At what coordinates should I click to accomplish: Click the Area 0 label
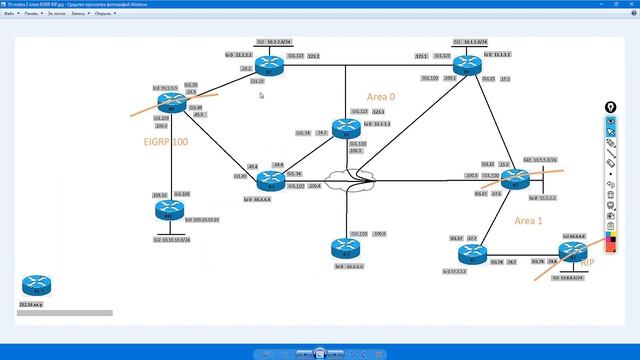click(381, 97)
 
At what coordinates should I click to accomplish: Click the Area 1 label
click(529, 220)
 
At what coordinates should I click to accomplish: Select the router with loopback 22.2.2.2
click(262, 66)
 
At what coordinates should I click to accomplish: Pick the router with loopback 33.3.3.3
click(344, 127)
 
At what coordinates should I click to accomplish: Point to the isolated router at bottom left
click(31, 283)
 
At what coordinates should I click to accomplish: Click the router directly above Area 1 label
click(514, 179)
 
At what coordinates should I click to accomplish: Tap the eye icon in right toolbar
click(611, 120)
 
